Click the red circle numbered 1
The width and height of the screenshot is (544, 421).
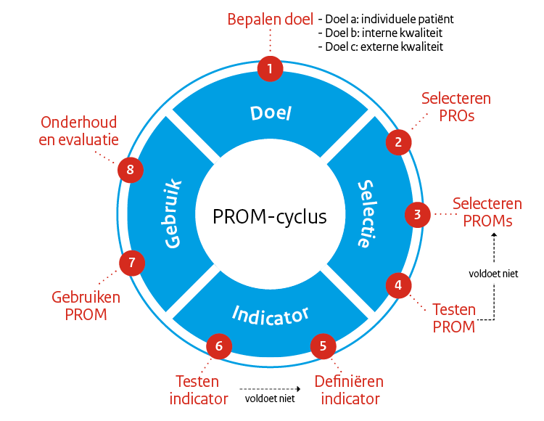270,69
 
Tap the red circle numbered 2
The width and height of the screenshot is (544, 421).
398,142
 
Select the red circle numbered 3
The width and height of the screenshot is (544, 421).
417,214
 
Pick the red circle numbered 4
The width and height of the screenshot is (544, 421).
398,285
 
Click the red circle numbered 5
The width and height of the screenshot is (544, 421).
323,346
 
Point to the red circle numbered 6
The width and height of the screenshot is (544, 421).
219,346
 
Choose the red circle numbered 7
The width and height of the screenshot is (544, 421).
131,263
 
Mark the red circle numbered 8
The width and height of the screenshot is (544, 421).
131,170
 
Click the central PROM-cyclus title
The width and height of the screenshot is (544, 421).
270,216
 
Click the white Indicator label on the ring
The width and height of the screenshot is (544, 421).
271,314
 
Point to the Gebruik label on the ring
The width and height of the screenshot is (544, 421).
173,214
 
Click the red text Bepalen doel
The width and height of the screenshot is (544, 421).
271,20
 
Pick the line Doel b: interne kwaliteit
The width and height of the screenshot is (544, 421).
380,33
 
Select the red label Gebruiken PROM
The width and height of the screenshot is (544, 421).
86,306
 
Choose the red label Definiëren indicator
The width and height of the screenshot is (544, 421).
349,390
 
